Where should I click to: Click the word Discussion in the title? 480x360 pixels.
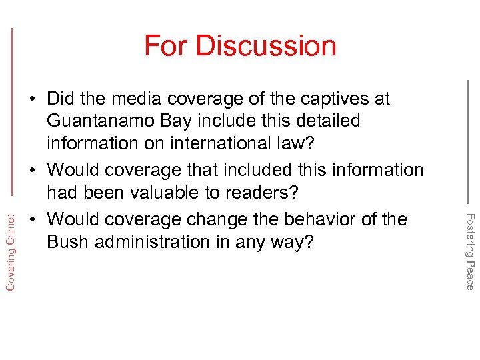[266, 46]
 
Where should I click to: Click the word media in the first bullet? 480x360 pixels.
[133, 99]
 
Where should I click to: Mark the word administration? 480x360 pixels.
[154, 241]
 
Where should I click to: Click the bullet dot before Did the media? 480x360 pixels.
[33, 99]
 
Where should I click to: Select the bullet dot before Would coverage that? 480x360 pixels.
[33, 171]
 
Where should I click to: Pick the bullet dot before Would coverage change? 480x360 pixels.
[33, 219]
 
